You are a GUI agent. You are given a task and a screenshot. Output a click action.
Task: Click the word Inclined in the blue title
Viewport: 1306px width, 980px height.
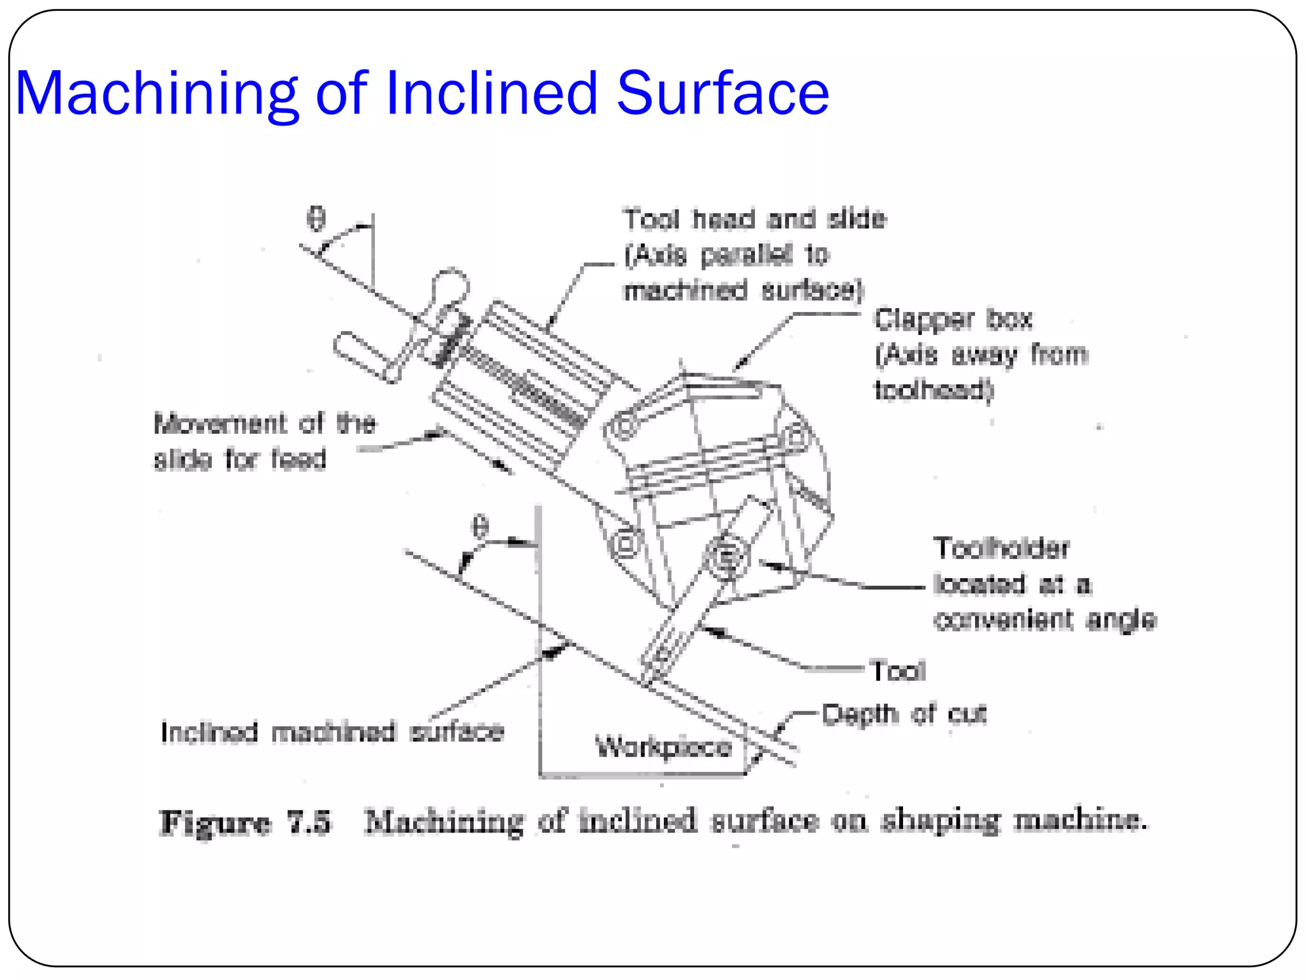point(491,94)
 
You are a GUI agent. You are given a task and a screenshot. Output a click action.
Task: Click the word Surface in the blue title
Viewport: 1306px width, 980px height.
point(723,94)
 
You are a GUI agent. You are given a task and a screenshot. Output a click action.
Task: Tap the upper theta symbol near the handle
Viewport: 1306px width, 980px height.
point(316,218)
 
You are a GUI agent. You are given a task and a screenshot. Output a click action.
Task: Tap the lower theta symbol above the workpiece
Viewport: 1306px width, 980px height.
point(480,527)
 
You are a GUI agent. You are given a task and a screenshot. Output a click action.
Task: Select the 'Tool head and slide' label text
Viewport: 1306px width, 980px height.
point(754,219)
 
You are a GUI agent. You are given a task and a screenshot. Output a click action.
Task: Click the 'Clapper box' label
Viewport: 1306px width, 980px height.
point(953,319)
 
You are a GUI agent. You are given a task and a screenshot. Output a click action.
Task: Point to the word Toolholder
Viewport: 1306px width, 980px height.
point(1001,547)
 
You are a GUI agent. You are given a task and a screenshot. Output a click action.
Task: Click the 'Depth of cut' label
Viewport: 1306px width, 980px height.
point(904,714)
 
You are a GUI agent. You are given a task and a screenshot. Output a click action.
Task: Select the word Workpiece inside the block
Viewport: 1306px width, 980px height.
point(663,746)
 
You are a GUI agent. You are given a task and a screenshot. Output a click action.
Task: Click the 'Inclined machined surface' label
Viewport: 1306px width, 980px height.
point(332,732)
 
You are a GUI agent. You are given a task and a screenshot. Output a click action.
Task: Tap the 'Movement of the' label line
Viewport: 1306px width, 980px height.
point(265,423)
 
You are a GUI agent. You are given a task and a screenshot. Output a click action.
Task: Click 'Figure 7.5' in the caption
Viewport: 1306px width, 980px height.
point(246,822)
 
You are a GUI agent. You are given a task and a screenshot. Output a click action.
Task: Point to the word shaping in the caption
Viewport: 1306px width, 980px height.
point(941,822)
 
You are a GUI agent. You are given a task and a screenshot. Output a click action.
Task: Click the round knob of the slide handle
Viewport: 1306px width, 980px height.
point(451,285)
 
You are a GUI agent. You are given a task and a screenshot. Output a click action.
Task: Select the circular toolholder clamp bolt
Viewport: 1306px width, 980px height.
point(726,556)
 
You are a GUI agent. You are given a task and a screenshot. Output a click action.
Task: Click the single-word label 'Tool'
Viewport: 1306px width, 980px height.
point(898,671)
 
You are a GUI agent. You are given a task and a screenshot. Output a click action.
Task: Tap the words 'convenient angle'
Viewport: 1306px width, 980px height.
point(1045,620)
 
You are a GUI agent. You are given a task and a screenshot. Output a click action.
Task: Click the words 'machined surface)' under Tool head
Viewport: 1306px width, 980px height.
point(743,291)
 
